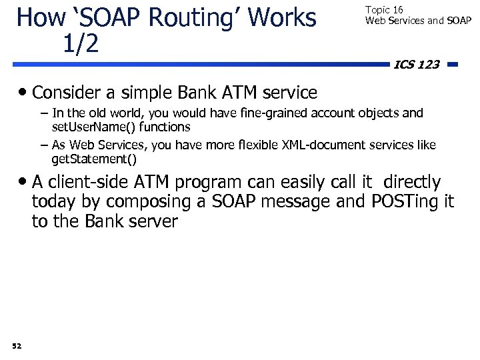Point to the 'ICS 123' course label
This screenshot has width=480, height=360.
417,65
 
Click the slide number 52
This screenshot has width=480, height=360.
17,345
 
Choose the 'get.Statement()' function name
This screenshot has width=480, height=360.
94,159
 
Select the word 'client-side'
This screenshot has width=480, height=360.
100,182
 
